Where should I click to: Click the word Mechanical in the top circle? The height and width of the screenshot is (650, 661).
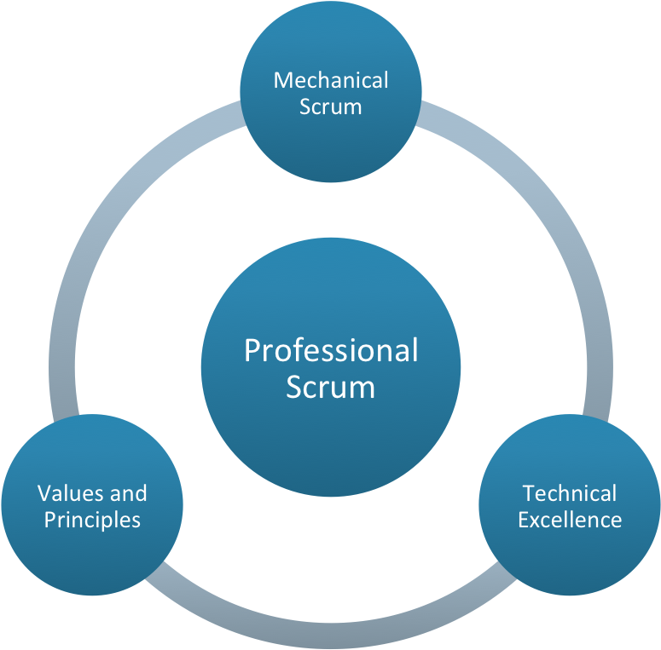pyautogui.click(x=331, y=80)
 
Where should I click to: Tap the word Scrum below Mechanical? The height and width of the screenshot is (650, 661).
pyautogui.click(x=331, y=106)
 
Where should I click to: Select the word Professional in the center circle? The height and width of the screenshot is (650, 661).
pyautogui.click(x=331, y=350)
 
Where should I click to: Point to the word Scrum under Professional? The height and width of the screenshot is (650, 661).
pyautogui.click(x=331, y=387)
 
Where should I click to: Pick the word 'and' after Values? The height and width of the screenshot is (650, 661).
pyautogui.click(x=128, y=493)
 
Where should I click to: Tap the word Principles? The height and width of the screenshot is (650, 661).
pyautogui.click(x=92, y=520)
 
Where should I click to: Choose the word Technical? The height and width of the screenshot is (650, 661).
pyautogui.click(x=570, y=493)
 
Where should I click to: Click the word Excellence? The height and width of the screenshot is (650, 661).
pyautogui.click(x=570, y=520)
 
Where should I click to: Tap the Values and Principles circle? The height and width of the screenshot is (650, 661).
pyautogui.click(x=92, y=554)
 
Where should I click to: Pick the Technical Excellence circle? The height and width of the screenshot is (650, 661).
pyautogui.click(x=570, y=554)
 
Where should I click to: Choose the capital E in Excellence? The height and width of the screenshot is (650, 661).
pyautogui.click(x=524, y=520)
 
